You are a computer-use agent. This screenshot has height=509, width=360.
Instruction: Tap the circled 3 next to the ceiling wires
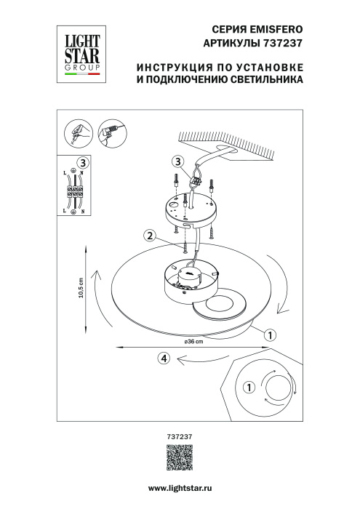click(x=179, y=161)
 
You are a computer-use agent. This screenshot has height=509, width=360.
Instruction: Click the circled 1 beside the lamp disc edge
click(x=268, y=335)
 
